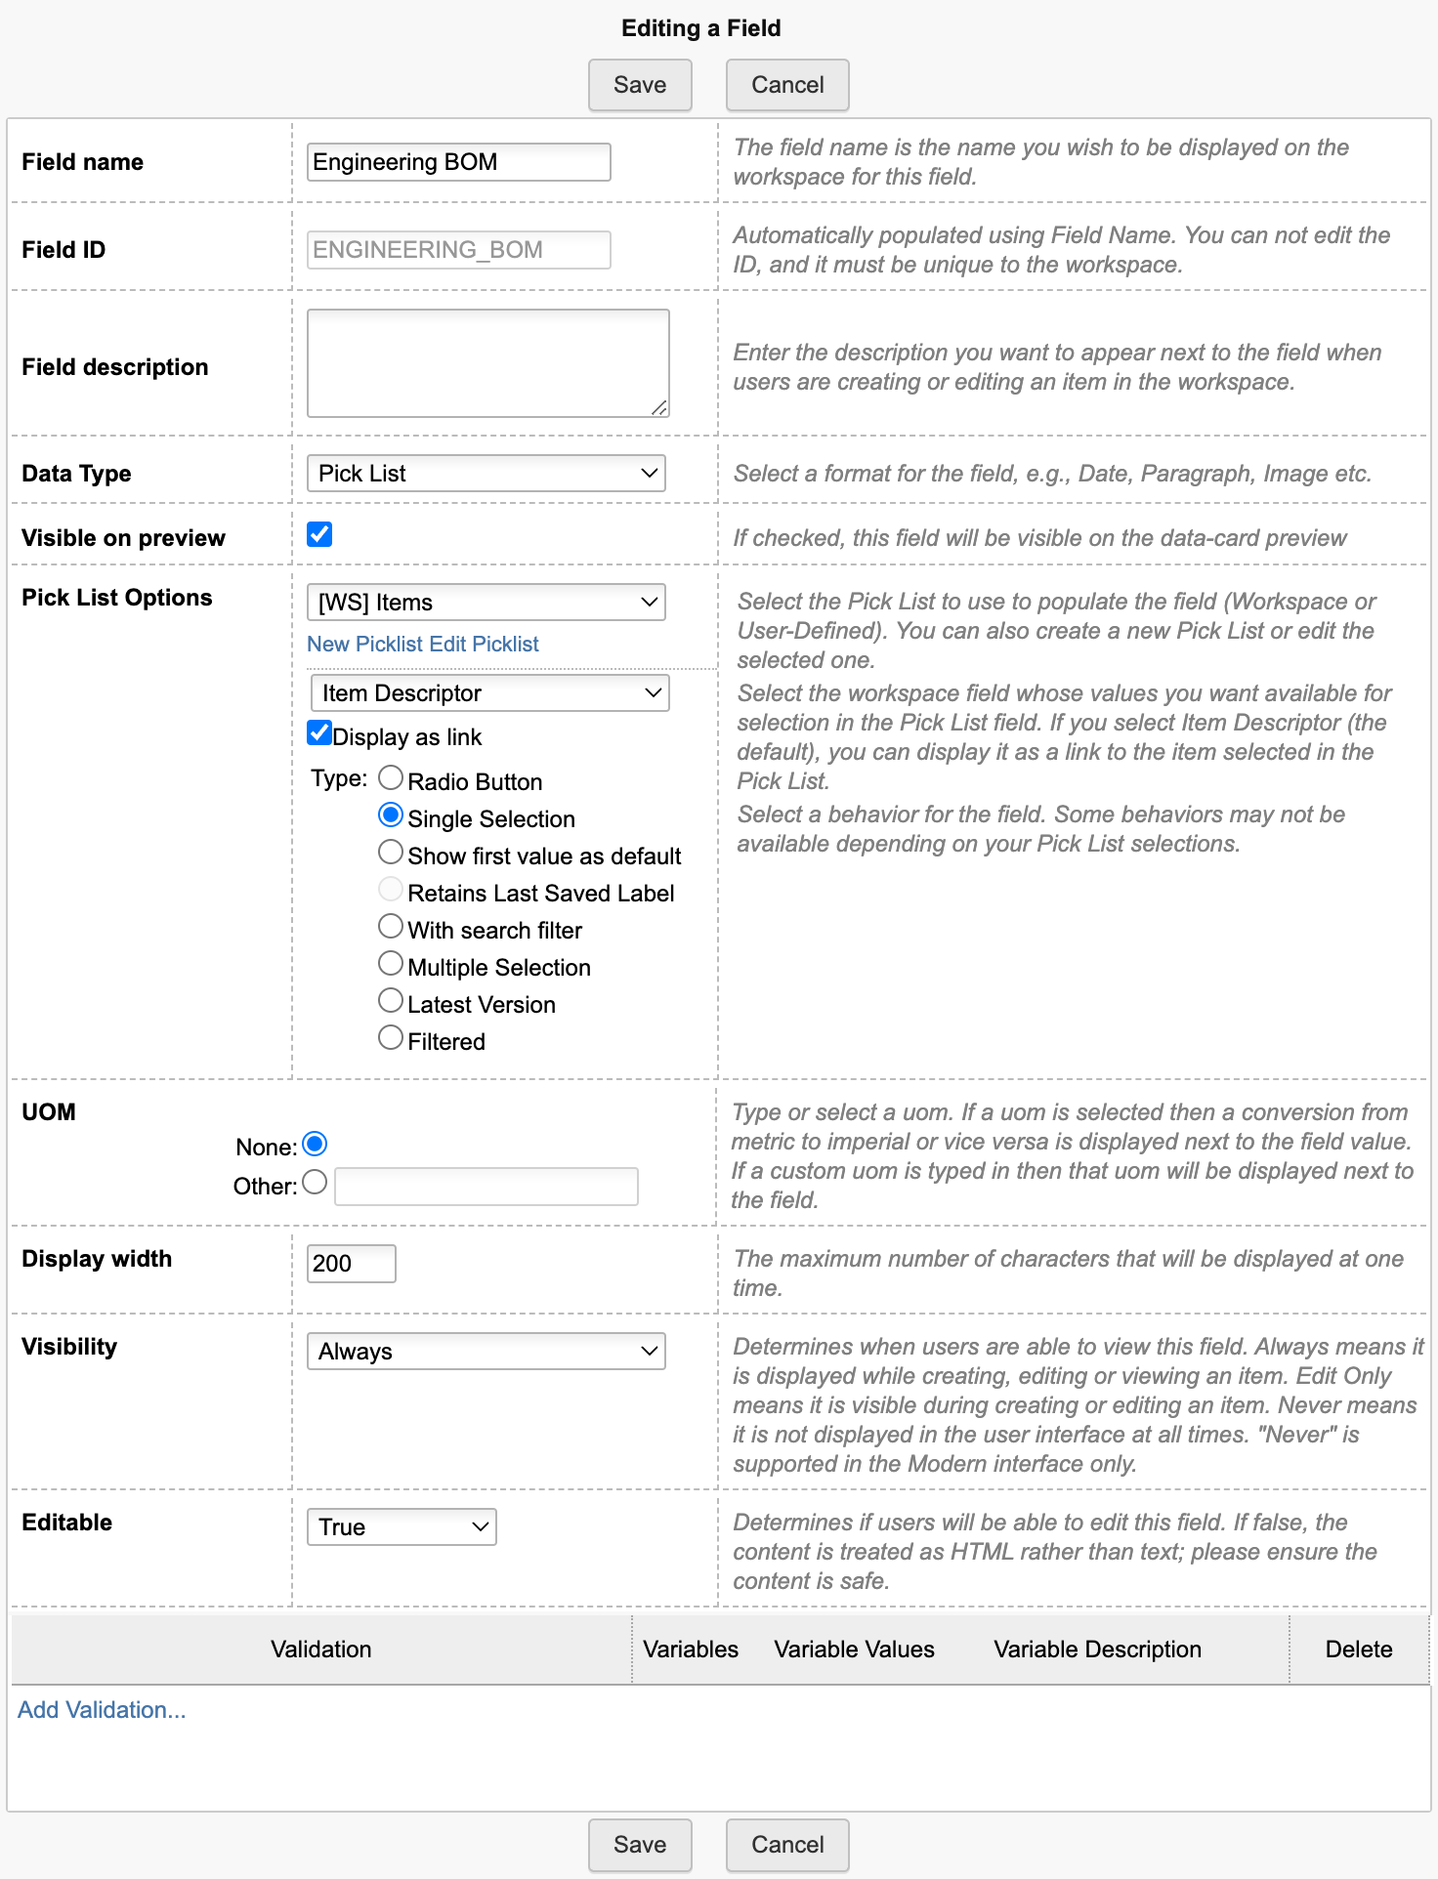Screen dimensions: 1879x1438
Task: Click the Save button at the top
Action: click(640, 85)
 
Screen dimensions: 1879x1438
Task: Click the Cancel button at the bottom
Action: click(786, 1844)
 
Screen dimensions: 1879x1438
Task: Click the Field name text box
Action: click(458, 162)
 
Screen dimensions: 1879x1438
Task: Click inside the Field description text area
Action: click(487, 363)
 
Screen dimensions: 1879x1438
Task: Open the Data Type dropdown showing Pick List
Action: click(486, 474)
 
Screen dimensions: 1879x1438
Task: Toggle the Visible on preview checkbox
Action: click(319, 534)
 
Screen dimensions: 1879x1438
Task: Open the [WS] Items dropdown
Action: click(486, 603)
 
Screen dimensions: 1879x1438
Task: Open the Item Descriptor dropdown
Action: click(488, 693)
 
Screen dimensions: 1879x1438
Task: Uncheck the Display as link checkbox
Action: click(319, 733)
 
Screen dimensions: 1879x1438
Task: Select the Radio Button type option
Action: click(391, 778)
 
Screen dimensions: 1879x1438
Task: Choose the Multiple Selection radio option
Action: click(391, 964)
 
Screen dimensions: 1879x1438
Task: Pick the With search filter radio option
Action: click(391, 927)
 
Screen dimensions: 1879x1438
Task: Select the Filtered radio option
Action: click(391, 1038)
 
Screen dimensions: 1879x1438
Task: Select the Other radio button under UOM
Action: click(315, 1183)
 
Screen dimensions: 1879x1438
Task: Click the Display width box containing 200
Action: click(351, 1264)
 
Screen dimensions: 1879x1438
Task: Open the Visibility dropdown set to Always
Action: click(486, 1352)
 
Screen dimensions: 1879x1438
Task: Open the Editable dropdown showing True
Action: click(402, 1527)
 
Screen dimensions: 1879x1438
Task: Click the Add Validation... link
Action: click(102, 1710)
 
